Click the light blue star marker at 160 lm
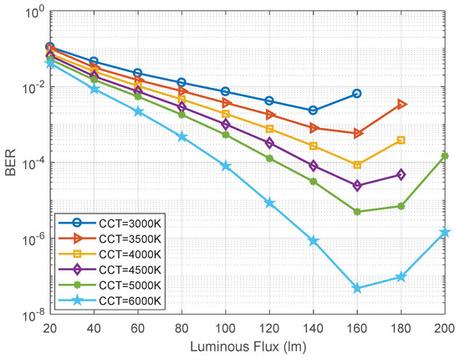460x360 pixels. click(x=357, y=288)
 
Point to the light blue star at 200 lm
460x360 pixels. click(x=444, y=232)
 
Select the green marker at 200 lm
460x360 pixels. click(x=444, y=156)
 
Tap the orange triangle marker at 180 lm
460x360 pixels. click(x=401, y=104)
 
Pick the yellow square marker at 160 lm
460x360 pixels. click(x=357, y=165)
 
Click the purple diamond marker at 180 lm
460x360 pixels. click(x=401, y=174)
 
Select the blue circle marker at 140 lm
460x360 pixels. click(x=313, y=111)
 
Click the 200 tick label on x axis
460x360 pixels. click(x=443, y=327)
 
